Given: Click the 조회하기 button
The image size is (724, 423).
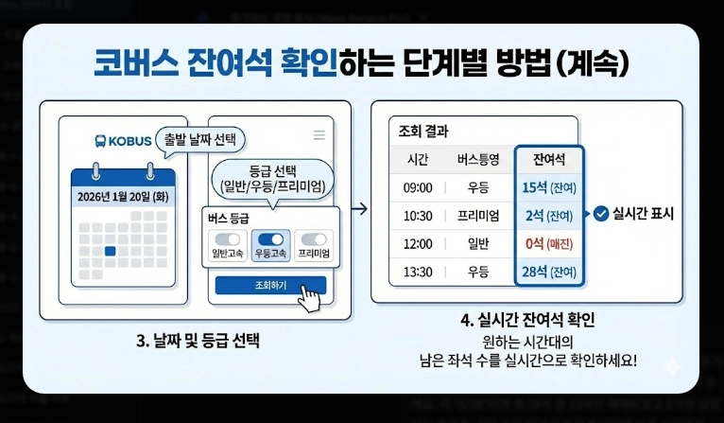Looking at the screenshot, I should [x=269, y=285].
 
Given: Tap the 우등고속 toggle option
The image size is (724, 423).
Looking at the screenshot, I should [x=271, y=245].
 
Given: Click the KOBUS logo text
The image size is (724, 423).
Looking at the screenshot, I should [x=123, y=141].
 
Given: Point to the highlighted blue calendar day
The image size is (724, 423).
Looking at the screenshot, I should [x=111, y=251].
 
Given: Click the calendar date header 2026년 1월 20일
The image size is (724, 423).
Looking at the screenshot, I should [x=123, y=197].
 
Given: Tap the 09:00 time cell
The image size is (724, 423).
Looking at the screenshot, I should [x=417, y=187].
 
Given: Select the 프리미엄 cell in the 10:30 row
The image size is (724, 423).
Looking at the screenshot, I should [x=477, y=216].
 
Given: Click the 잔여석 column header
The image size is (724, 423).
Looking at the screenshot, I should [x=549, y=159].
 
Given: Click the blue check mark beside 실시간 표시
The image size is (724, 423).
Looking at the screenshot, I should [x=601, y=214].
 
